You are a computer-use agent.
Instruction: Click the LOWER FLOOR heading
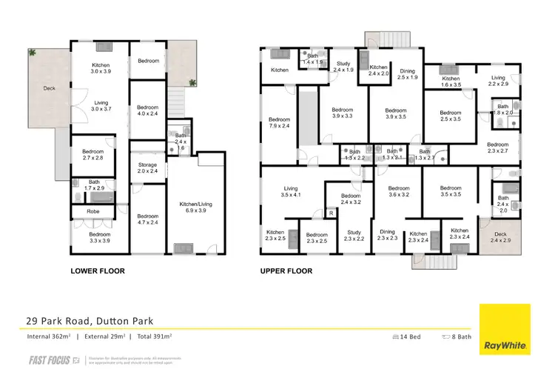tap(96, 270)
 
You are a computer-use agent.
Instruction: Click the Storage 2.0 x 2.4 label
tap(148, 167)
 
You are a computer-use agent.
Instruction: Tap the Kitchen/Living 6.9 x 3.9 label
tap(195, 207)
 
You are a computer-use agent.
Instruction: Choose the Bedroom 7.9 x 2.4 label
tap(280, 124)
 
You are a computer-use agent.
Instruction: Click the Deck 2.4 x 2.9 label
tap(501, 237)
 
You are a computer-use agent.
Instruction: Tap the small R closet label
tap(331, 213)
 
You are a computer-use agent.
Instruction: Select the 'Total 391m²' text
tap(152, 337)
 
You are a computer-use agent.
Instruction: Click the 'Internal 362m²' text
tap(47, 337)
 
